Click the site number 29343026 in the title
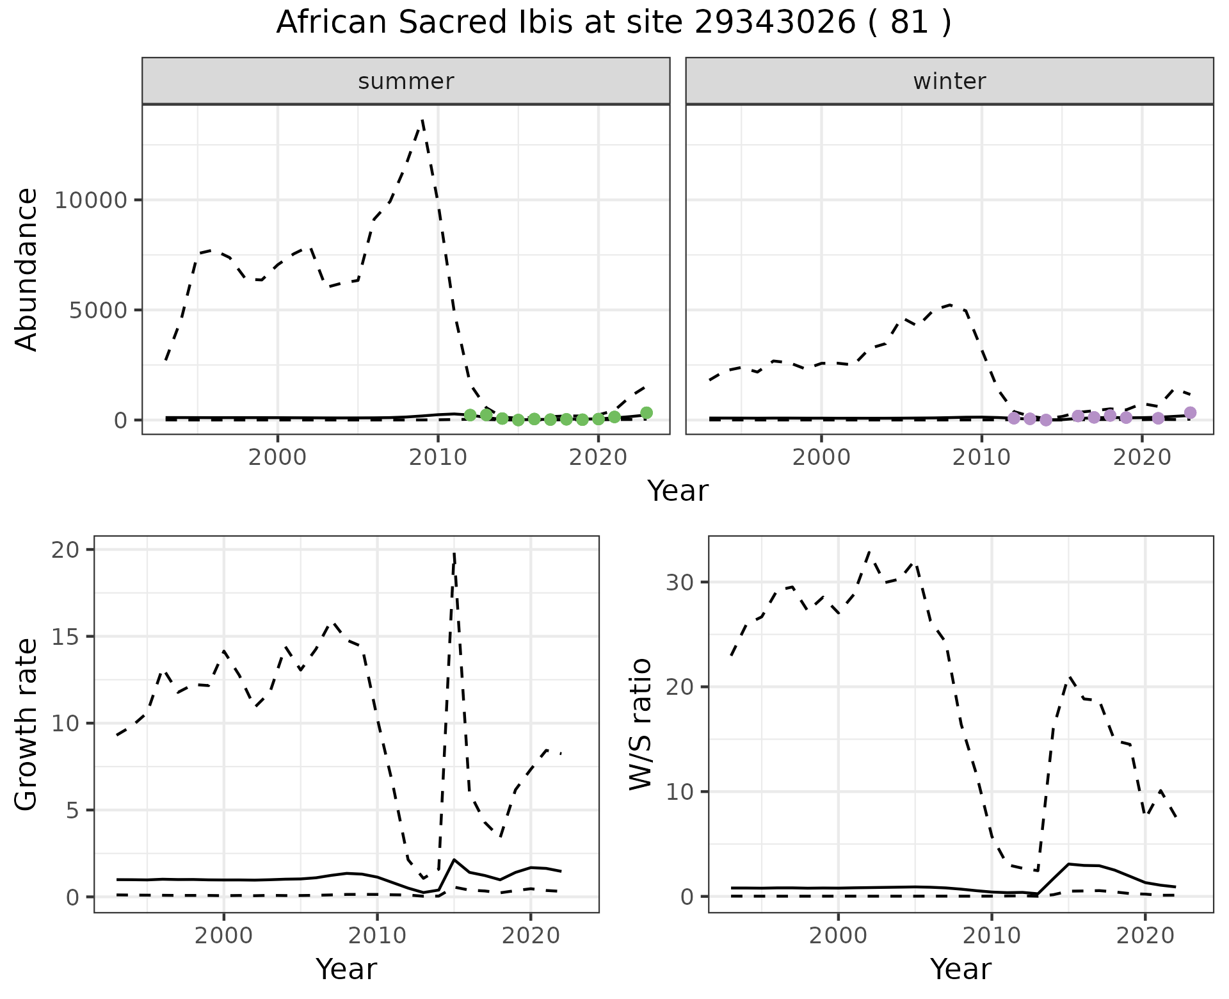(x=775, y=23)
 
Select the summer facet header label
(x=406, y=81)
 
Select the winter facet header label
(x=949, y=81)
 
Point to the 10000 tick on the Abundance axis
(x=91, y=200)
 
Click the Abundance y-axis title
(x=27, y=269)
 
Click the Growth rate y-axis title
(x=27, y=724)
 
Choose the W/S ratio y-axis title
(x=641, y=724)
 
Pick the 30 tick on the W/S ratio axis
(x=682, y=582)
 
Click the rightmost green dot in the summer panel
(x=646, y=413)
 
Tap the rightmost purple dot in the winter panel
(x=1190, y=413)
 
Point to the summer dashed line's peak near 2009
(x=422, y=120)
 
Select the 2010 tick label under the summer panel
(x=438, y=458)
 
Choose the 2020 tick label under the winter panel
(x=1141, y=458)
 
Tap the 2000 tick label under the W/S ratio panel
(x=838, y=936)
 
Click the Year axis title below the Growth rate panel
(x=346, y=969)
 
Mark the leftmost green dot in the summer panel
(x=470, y=415)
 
